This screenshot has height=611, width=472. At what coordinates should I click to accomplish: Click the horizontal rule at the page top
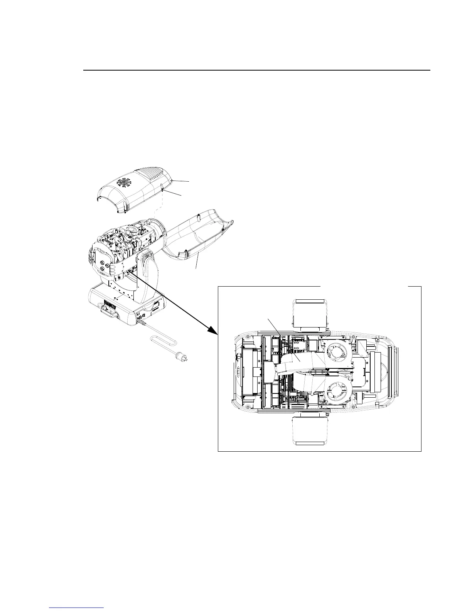coord(256,71)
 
